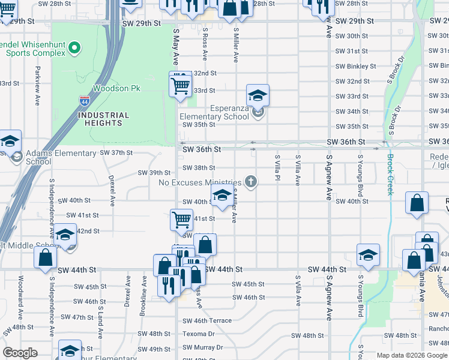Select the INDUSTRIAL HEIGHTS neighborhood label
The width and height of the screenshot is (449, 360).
[103, 119]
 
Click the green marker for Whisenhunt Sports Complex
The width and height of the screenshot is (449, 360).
[74, 46]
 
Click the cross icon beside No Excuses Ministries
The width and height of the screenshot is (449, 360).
[252, 182]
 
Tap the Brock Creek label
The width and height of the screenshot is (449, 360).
[390, 175]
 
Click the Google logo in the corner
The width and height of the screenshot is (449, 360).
[20, 352]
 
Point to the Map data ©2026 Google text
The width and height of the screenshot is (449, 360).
[412, 355]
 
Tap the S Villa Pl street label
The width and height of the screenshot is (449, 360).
[277, 169]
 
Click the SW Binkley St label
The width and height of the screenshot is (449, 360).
[355, 67]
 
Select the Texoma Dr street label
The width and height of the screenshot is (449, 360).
[203, 334]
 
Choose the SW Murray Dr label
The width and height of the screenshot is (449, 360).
[203, 347]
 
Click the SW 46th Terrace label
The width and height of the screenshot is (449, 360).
[207, 320]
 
